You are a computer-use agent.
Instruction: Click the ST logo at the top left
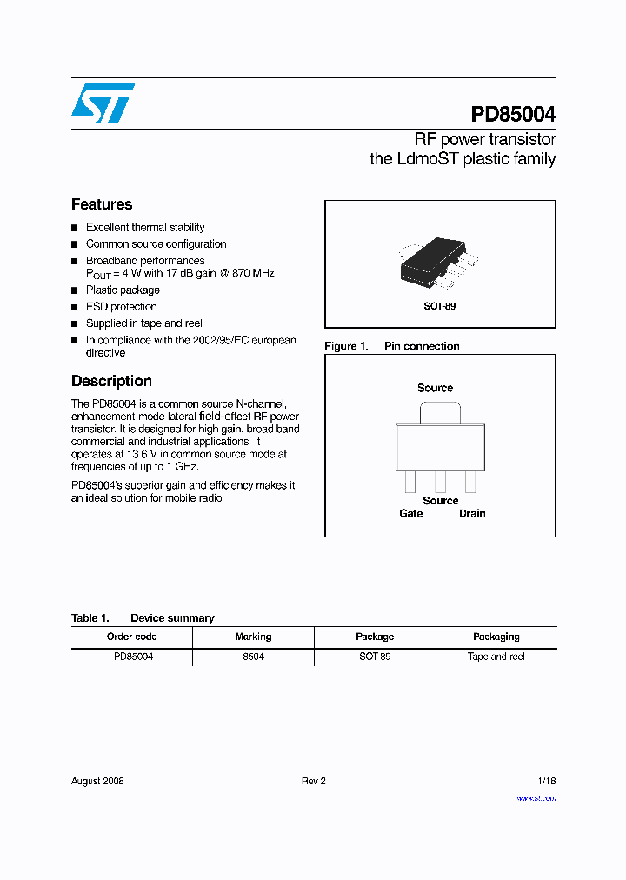(103, 103)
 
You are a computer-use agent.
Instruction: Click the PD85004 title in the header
(513, 115)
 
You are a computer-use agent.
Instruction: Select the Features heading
(102, 204)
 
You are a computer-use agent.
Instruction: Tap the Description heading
(111, 381)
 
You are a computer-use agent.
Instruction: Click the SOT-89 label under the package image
(439, 306)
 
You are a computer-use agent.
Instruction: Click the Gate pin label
(411, 513)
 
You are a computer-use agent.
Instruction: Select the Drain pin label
(472, 513)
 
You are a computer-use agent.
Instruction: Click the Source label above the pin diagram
(435, 388)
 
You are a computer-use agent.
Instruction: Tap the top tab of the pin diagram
(435, 412)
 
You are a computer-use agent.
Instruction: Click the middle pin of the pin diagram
(441, 481)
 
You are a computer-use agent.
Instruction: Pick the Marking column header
(253, 637)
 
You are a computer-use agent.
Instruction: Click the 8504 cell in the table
(253, 657)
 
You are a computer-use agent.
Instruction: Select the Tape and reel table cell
(496, 657)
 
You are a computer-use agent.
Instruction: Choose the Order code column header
(131, 637)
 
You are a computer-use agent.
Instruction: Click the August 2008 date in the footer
(97, 781)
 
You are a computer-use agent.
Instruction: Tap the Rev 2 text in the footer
(313, 781)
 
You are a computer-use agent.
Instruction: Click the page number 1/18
(546, 781)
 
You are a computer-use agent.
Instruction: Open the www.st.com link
(536, 798)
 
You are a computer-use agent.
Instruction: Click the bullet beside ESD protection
(75, 307)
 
